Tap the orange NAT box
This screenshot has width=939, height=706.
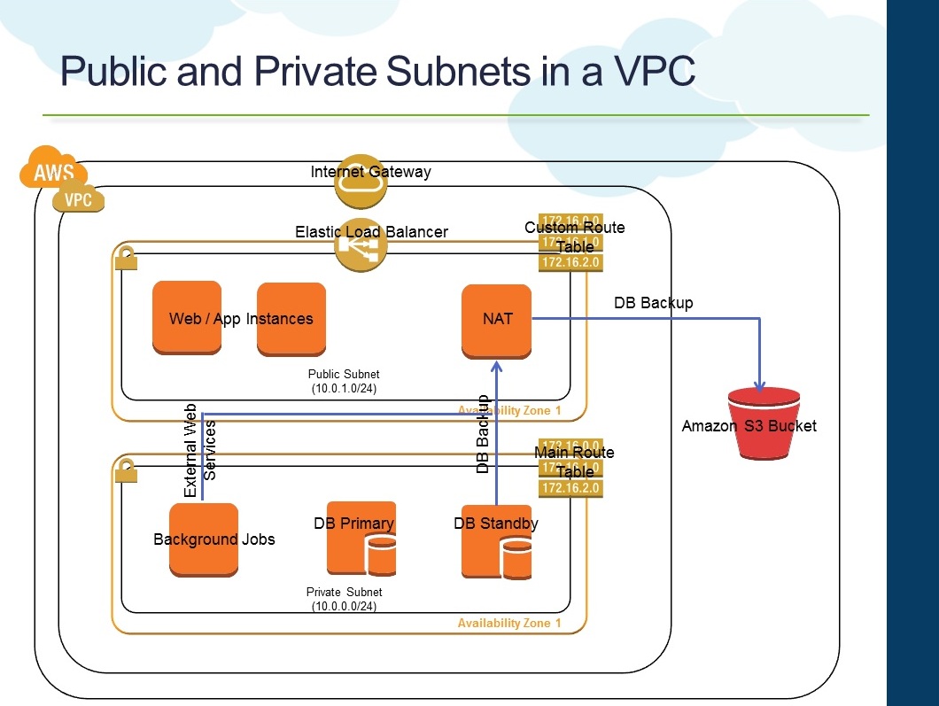pyautogui.click(x=497, y=321)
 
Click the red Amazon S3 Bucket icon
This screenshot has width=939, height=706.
pyautogui.click(x=759, y=423)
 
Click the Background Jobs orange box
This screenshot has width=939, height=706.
pyautogui.click(x=204, y=539)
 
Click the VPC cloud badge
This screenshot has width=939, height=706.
pyautogui.click(x=78, y=199)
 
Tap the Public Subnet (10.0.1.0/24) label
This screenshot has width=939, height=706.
pyautogui.click(x=345, y=382)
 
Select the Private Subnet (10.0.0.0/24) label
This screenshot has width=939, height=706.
pyautogui.click(x=345, y=599)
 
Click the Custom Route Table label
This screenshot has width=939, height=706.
pyautogui.click(x=574, y=237)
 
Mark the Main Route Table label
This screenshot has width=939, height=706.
pyautogui.click(x=574, y=462)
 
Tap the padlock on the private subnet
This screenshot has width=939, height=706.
pyautogui.click(x=126, y=471)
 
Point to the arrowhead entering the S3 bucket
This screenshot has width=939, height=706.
pyautogui.click(x=759, y=384)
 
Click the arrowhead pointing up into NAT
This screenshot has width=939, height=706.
pyautogui.click(x=497, y=364)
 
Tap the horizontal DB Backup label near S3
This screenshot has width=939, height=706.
pyautogui.click(x=654, y=303)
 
